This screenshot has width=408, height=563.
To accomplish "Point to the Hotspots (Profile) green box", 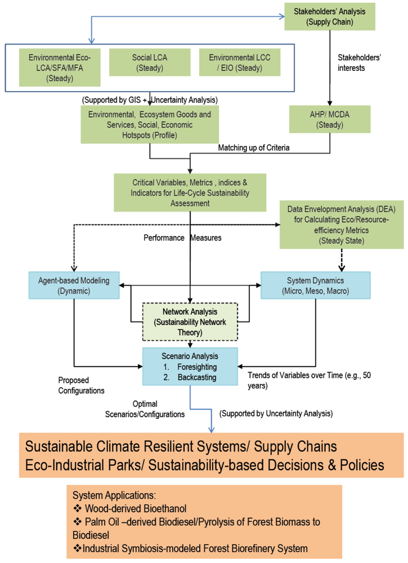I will click(150, 124).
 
